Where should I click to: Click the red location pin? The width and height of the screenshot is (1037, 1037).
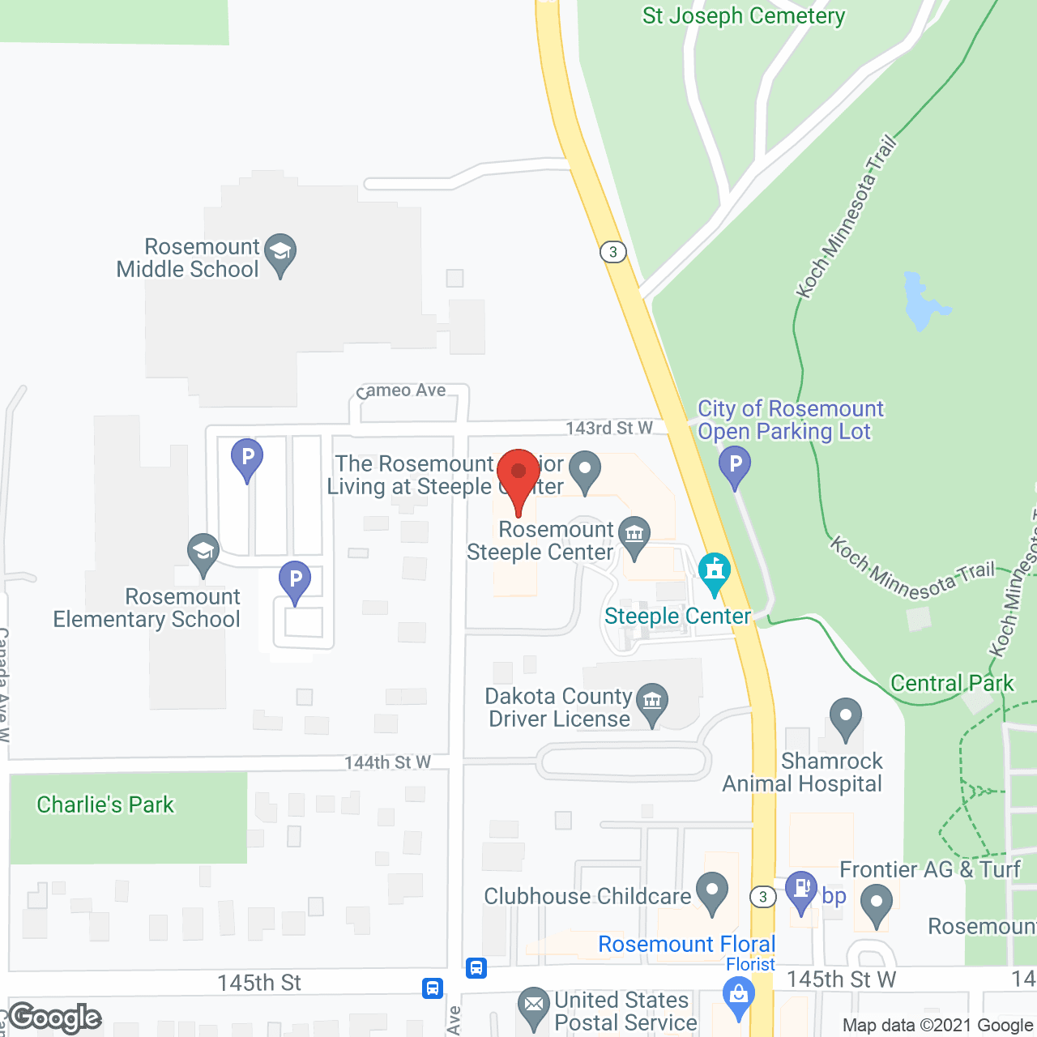[518, 475]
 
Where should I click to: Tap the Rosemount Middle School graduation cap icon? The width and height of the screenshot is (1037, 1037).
[280, 253]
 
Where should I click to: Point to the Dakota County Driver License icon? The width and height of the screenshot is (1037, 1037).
[652, 702]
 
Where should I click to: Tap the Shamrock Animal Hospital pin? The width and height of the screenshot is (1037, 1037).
[846, 717]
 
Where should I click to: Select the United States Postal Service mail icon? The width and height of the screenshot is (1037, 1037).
[533, 1005]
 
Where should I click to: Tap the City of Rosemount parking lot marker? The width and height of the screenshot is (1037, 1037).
[735, 467]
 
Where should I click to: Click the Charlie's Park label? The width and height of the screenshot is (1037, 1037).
[105, 804]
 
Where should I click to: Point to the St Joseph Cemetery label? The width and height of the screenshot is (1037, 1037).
[744, 16]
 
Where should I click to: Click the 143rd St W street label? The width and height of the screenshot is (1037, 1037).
[609, 428]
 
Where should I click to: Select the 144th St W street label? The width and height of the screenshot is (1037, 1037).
[387, 762]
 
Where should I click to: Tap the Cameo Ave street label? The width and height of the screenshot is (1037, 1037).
[403, 390]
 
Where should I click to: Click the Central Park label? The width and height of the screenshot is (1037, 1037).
[952, 683]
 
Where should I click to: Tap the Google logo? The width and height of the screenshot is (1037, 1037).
[55, 1017]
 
